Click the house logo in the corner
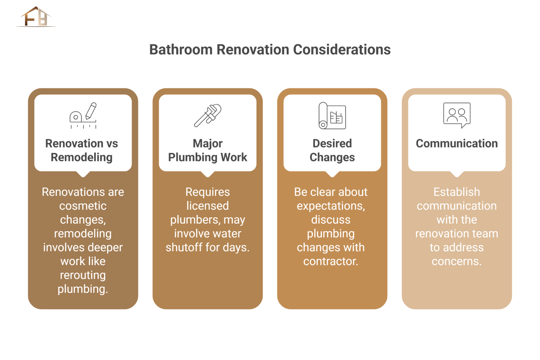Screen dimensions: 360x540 [36, 17]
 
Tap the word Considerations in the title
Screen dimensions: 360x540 [342, 50]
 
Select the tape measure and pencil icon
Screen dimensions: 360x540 [83, 116]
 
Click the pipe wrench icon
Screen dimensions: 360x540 [207, 115]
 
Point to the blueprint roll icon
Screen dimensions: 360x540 [332, 116]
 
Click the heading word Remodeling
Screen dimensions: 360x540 [82, 157]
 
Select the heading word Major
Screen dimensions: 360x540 [207, 143]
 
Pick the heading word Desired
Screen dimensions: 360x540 [332, 143]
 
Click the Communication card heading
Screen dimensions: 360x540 [457, 143]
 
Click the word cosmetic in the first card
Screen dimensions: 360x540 [83, 206]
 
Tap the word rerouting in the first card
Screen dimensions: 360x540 [83, 275]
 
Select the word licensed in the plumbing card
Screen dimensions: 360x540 [207, 206]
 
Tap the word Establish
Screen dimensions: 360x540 [457, 192]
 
